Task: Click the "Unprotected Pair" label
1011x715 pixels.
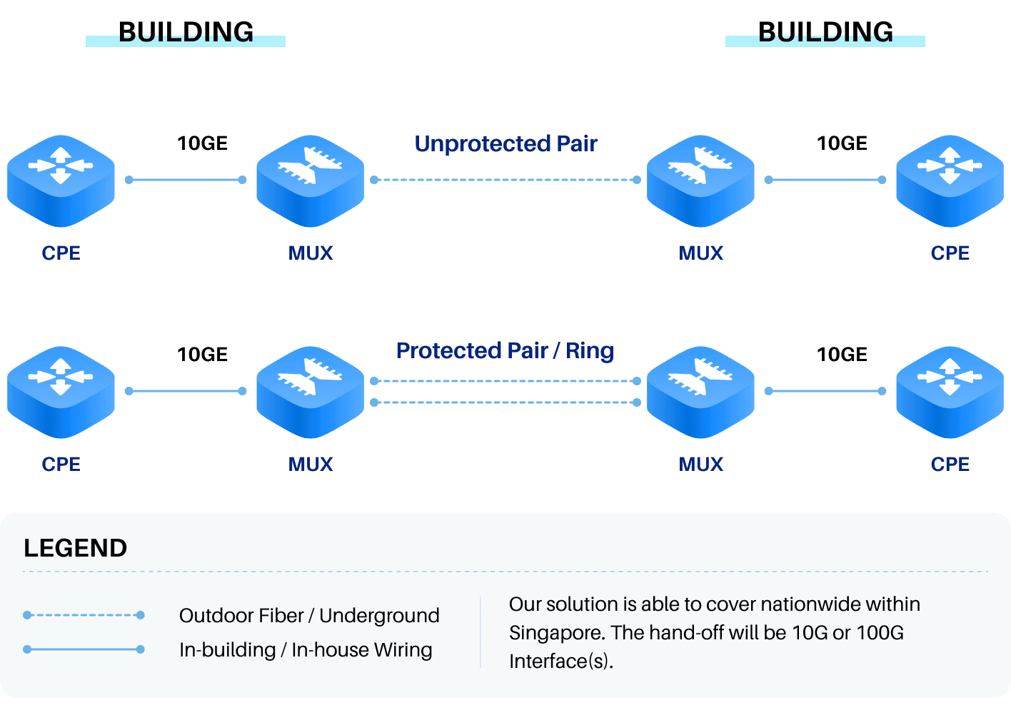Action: [505, 143]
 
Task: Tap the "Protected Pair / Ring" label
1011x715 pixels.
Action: [505, 351]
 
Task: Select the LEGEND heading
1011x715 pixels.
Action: [75, 548]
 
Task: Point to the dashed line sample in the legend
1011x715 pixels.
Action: [84, 615]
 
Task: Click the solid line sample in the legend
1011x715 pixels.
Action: [84, 649]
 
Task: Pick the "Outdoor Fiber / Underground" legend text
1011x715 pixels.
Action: [309, 616]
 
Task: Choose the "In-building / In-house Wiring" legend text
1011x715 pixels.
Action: [306, 650]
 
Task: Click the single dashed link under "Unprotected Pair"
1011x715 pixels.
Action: [505, 180]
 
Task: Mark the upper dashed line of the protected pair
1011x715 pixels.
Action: [505, 381]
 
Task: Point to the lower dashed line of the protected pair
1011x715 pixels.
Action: [505, 402]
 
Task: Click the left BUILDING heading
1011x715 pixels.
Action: [186, 32]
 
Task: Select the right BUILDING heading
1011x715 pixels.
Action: [825, 32]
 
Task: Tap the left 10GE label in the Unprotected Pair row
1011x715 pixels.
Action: [203, 143]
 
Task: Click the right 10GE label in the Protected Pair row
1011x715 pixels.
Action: [842, 355]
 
